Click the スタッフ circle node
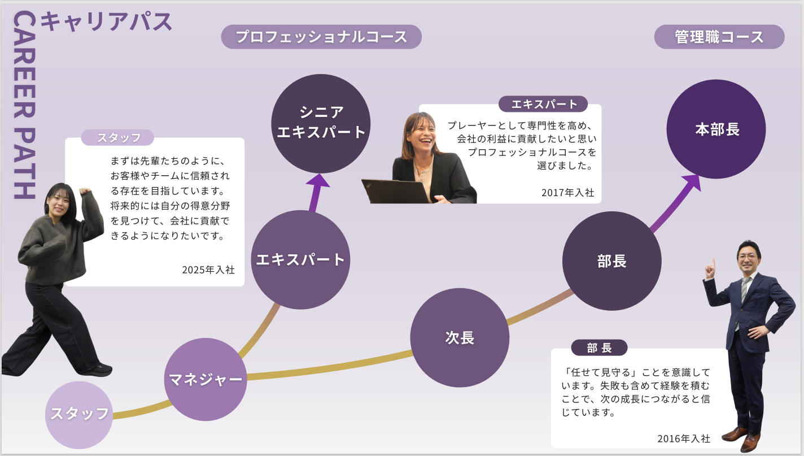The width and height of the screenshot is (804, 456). (78, 414)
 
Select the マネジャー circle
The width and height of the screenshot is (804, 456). (206, 379)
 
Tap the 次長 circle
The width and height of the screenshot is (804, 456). (460, 338)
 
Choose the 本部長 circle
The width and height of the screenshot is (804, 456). (716, 129)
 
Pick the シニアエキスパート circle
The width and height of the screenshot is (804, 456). (321, 123)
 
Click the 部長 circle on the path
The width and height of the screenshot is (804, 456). (611, 261)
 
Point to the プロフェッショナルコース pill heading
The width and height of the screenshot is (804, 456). (321, 37)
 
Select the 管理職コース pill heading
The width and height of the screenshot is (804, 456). (719, 37)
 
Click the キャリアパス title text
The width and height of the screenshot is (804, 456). (107, 21)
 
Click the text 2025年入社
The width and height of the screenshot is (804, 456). (208, 270)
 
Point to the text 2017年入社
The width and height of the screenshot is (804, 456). (567, 193)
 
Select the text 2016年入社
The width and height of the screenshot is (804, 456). (683, 438)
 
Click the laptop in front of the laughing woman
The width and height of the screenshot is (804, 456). (395, 191)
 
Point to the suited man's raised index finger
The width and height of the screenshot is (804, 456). (713, 263)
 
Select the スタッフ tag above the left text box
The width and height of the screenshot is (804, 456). (118, 138)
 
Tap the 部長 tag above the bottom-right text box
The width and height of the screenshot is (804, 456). (599, 348)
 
